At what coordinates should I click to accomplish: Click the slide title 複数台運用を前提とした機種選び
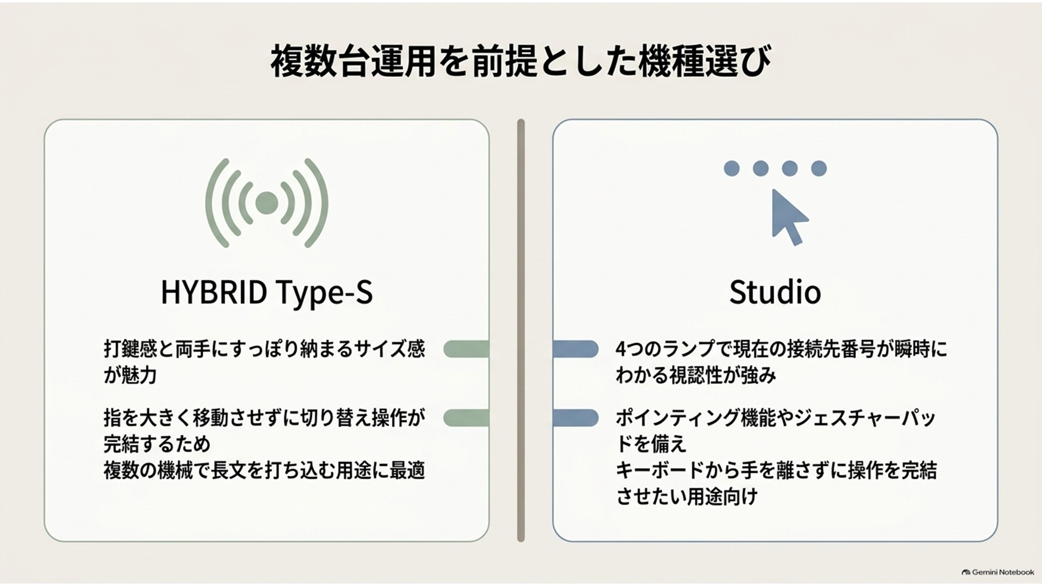click(x=521, y=62)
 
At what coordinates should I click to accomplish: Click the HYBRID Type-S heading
click(x=267, y=292)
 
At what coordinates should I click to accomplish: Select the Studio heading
click(x=775, y=292)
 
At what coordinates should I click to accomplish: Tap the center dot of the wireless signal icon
click(x=267, y=203)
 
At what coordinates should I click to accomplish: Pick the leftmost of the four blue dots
click(x=732, y=168)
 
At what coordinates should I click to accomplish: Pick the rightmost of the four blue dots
click(x=819, y=168)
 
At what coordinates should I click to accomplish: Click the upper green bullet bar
click(x=466, y=349)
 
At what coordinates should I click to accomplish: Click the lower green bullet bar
click(x=466, y=418)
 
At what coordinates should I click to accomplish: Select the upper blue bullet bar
click(x=576, y=349)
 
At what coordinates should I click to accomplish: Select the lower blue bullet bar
click(x=576, y=418)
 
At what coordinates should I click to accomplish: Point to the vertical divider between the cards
click(x=521, y=330)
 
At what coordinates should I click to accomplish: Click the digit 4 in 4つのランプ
click(x=621, y=349)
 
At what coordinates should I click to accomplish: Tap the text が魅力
click(x=130, y=375)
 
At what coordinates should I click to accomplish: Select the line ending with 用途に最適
click(x=264, y=471)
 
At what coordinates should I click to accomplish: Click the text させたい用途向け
click(x=687, y=496)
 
